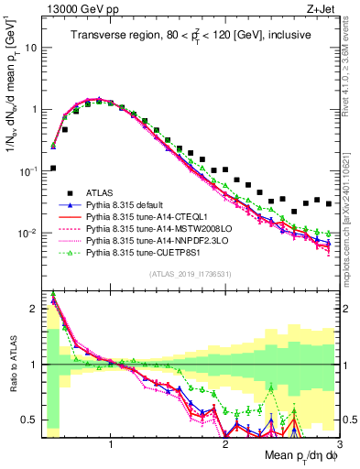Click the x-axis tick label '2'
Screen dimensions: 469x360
(225, 440)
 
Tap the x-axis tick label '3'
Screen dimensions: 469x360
(338, 440)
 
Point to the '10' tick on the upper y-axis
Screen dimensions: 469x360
(29, 46)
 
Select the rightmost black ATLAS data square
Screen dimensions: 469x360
(329, 203)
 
